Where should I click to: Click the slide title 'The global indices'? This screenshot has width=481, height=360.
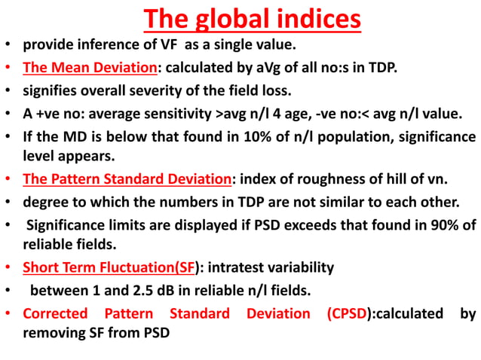click(x=252, y=18)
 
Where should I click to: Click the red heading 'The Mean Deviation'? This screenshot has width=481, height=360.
click(x=89, y=67)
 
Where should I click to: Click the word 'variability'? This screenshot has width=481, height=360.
click(x=306, y=267)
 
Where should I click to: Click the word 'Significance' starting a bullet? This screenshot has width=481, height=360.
click(x=66, y=224)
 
